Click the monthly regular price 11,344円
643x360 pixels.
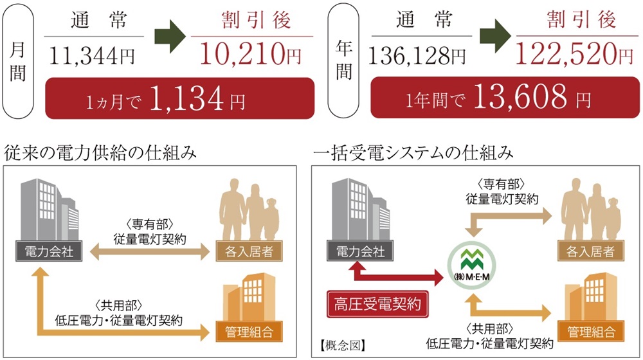tap(93, 56)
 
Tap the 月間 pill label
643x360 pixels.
tap(19, 61)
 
